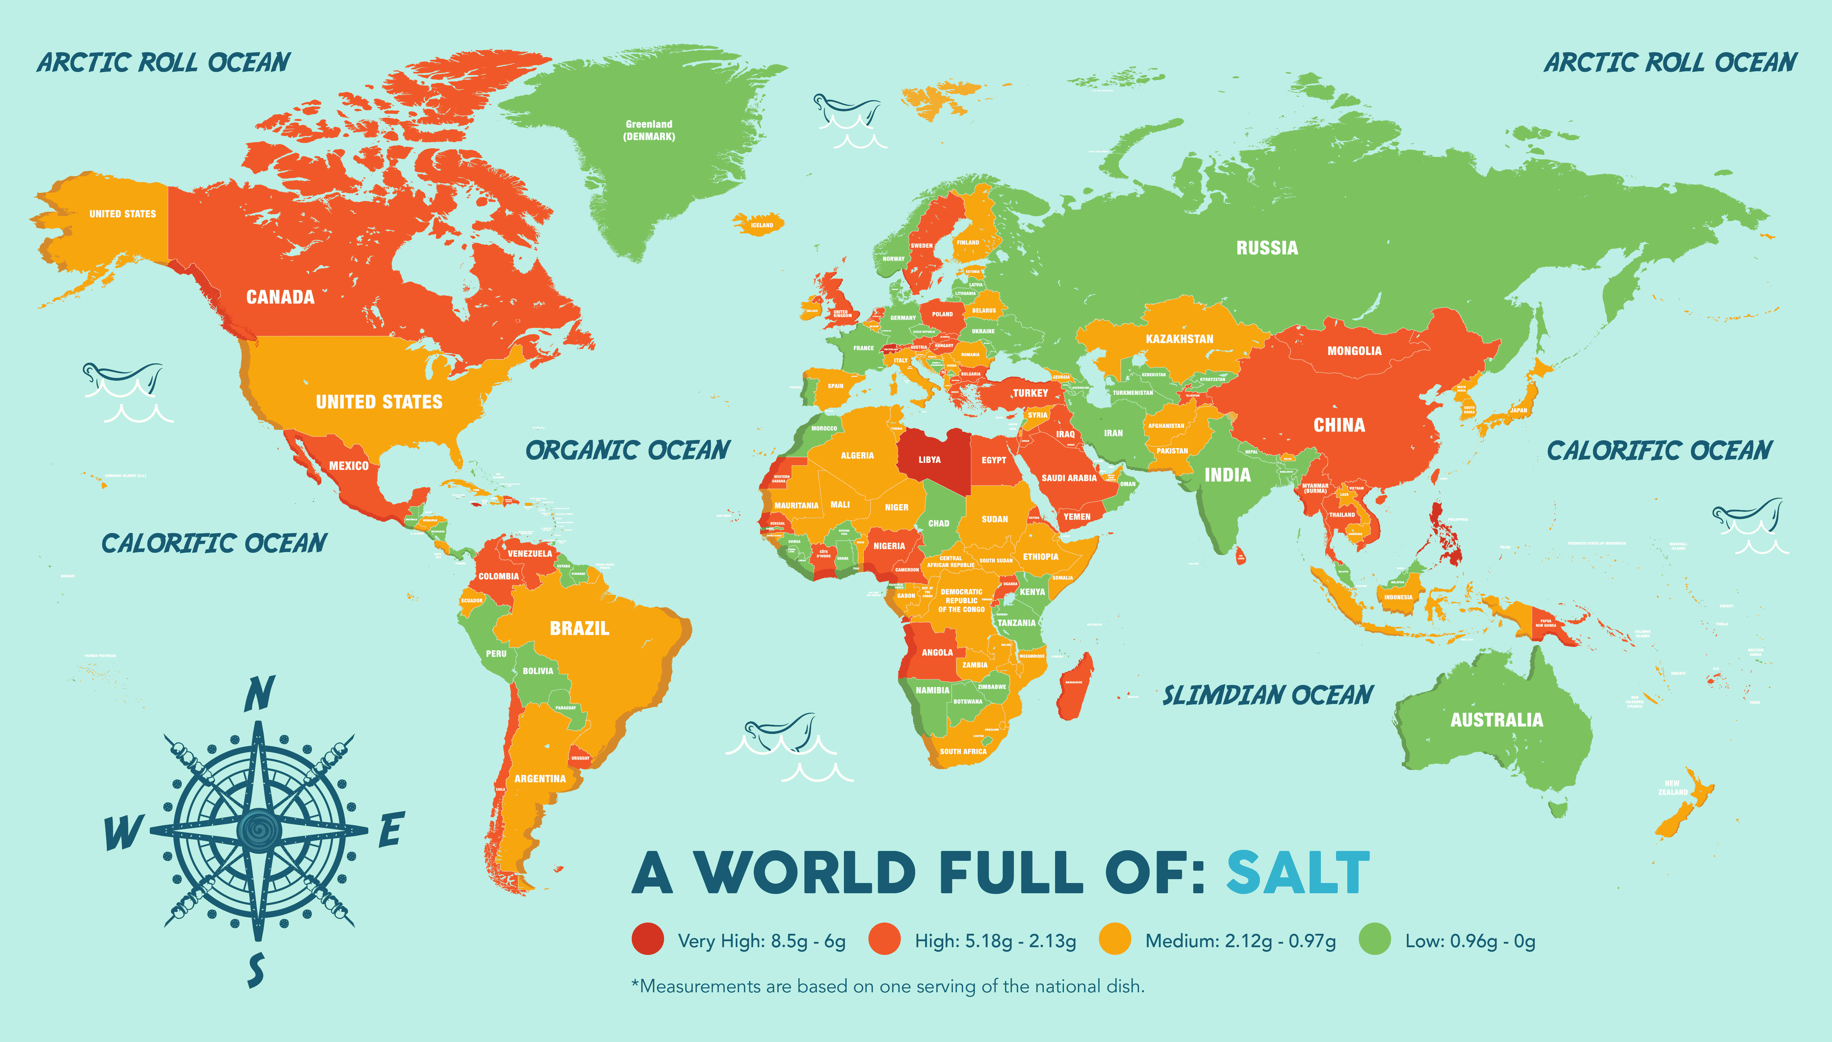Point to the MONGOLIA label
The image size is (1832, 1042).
pyautogui.click(x=1354, y=351)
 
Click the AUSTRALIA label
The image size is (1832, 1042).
pyautogui.click(x=1496, y=720)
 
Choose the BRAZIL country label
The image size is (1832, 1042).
pyautogui.click(x=579, y=629)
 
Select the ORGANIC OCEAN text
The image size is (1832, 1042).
pyautogui.click(x=627, y=450)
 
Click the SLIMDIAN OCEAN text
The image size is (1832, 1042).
pyautogui.click(x=1267, y=695)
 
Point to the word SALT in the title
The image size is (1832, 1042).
pyautogui.click(x=1298, y=874)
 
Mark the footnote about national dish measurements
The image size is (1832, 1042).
pyautogui.click(x=887, y=986)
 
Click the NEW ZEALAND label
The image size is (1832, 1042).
pyautogui.click(x=1672, y=787)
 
